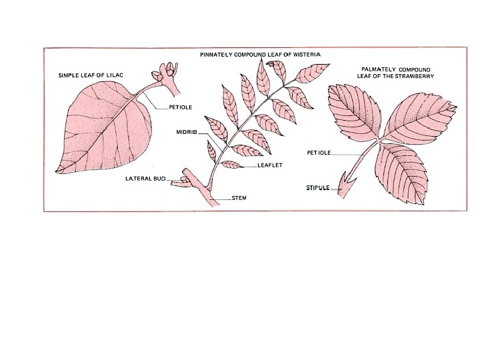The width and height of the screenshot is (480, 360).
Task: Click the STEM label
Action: point(239,198)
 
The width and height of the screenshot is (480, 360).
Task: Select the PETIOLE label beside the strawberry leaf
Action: point(319,153)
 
